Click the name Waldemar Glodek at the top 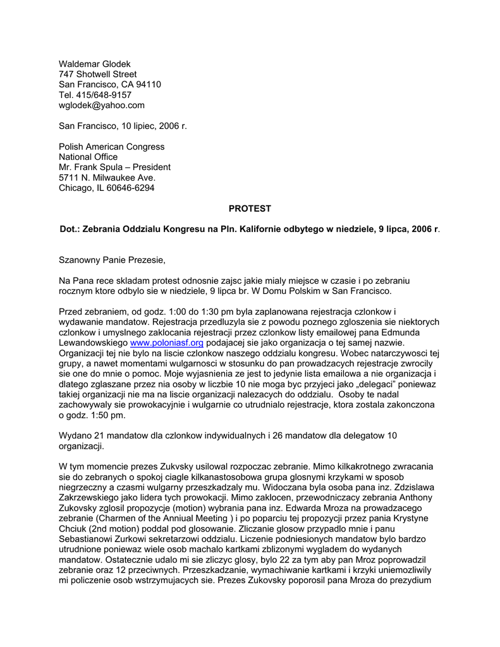(x=94, y=64)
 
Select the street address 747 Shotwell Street (x=97, y=74)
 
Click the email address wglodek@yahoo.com (x=102, y=105)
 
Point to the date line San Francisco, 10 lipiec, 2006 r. (x=123, y=126)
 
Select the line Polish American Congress (x=111, y=147)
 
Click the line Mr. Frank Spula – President (x=114, y=167)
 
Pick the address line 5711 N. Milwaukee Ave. (x=107, y=178)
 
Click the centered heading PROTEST (x=250, y=209)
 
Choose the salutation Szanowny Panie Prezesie (x=112, y=260)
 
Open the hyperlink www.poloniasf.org (x=166, y=343)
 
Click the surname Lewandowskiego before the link (x=93, y=343)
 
